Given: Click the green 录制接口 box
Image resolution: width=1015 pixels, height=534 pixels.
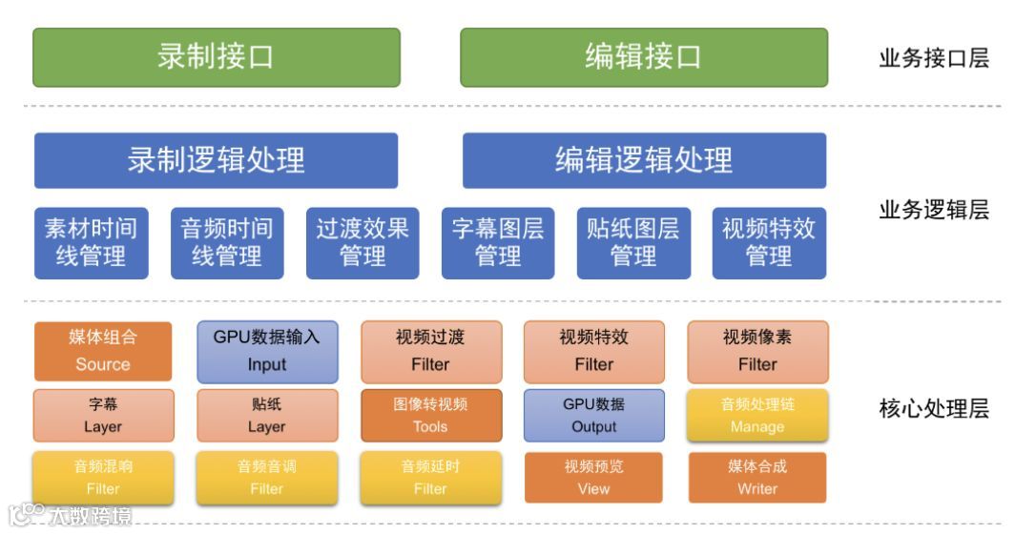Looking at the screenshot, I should pyautogui.click(x=217, y=57).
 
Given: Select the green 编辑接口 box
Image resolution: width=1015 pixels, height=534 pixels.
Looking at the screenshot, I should pyautogui.click(x=644, y=57).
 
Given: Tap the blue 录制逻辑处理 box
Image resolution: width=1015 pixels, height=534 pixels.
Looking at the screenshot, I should pyautogui.click(x=217, y=160).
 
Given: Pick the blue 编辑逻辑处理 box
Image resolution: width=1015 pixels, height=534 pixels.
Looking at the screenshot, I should pyautogui.click(x=644, y=160).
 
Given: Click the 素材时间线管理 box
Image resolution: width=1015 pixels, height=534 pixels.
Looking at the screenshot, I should pyautogui.click(x=92, y=243).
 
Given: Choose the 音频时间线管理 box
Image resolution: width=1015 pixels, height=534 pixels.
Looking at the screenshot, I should pyautogui.click(x=227, y=243).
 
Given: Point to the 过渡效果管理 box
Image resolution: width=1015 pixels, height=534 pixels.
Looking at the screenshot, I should pyautogui.click(x=362, y=243).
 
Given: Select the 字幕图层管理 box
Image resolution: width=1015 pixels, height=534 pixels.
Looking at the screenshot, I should pyautogui.click(x=498, y=243).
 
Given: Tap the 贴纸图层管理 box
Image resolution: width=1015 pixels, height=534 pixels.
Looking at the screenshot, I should pyautogui.click(x=633, y=243).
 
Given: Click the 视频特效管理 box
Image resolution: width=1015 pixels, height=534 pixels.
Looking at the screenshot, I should pyautogui.click(x=769, y=243).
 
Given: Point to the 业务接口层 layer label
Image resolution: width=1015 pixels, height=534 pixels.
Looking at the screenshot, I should pyautogui.click(x=934, y=58).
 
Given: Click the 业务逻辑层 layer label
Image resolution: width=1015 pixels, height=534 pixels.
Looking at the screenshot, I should pyautogui.click(x=934, y=210).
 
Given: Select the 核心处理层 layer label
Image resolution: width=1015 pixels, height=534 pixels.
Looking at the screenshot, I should pyautogui.click(x=934, y=410).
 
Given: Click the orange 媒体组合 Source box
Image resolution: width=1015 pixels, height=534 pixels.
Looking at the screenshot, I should pyautogui.click(x=103, y=351).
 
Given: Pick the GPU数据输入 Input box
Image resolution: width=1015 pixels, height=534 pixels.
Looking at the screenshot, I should pyautogui.click(x=267, y=351).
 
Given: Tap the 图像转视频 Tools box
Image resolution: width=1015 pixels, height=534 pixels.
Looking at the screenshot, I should pyautogui.click(x=430, y=415).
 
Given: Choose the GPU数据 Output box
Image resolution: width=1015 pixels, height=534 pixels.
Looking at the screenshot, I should pyautogui.click(x=594, y=415).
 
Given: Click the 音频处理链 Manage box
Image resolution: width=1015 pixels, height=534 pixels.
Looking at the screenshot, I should pyautogui.click(x=757, y=415).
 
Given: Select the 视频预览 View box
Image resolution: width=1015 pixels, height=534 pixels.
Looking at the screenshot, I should pyautogui.click(x=594, y=478).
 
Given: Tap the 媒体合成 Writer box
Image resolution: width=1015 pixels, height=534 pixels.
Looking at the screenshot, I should pyautogui.click(x=757, y=478).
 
